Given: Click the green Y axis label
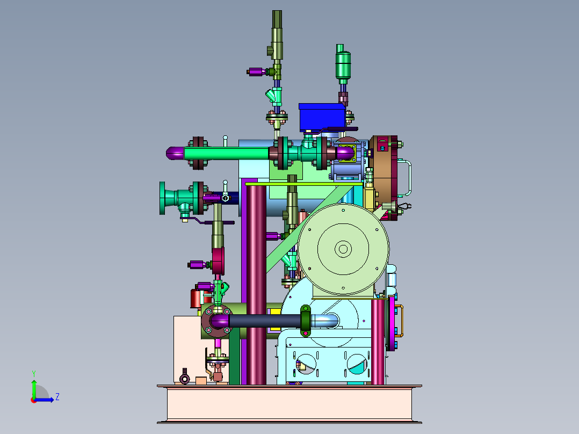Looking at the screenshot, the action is point(34,373).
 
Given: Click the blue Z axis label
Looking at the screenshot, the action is point(57,397).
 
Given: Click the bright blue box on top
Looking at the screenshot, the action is point(322,117).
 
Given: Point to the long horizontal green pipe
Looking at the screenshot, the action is point(226,153).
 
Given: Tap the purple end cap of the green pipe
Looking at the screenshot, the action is point(175,153).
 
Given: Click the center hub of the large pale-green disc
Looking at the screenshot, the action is point(343,249).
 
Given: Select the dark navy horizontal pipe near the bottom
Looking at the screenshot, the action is point(265,321).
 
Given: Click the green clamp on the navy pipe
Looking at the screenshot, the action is point(306,321).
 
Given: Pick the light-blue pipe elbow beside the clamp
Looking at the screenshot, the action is point(325,320).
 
